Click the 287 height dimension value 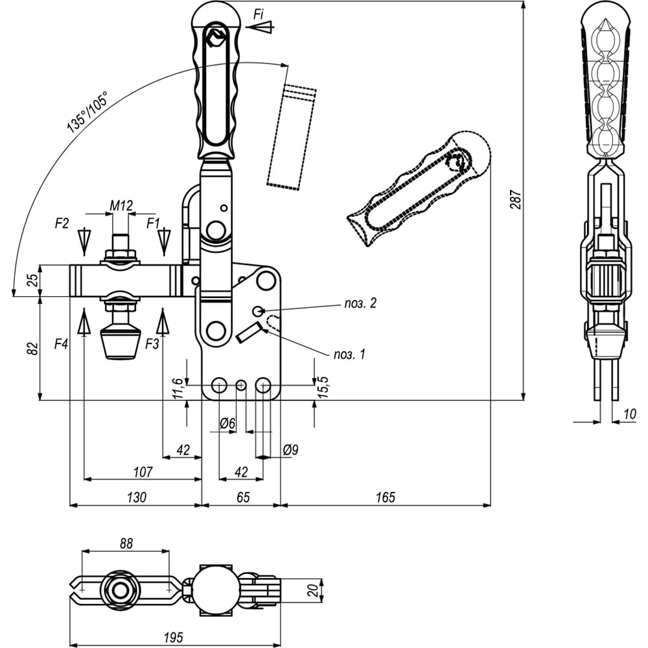[x=515, y=199]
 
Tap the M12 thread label [x=121, y=205]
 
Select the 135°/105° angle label [x=87, y=112]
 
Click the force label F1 [x=153, y=224]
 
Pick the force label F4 [x=62, y=343]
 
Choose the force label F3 [x=152, y=343]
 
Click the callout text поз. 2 [x=360, y=303]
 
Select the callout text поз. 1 [x=350, y=354]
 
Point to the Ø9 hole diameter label [x=290, y=448]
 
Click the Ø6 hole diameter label [x=227, y=424]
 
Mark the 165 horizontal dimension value [x=385, y=497]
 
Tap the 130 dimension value [x=136, y=497]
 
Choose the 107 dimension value [x=142, y=472]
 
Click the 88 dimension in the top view [x=126, y=544]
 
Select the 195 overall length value [x=174, y=636]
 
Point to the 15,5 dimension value [x=325, y=388]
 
